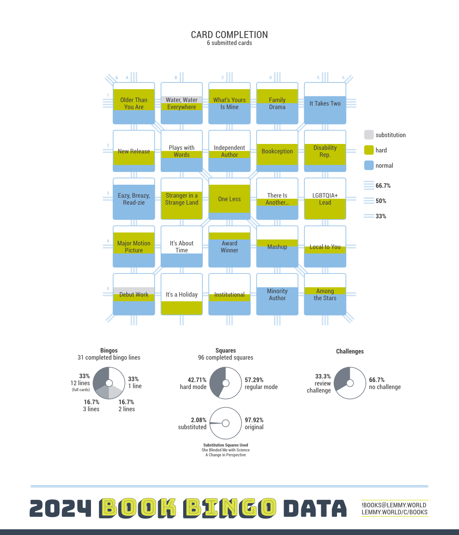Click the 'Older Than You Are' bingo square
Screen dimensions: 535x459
pyautogui.click(x=134, y=103)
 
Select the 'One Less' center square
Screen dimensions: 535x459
pyautogui.click(x=229, y=199)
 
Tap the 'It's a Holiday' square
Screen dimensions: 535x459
pyautogui.click(x=181, y=294)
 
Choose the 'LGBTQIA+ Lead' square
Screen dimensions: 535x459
pyautogui.click(x=325, y=199)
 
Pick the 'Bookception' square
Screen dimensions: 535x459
pyautogui.click(x=277, y=151)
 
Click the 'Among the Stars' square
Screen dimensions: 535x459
pyautogui.click(x=325, y=294)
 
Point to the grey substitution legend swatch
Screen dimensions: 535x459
pyautogui.click(x=369, y=135)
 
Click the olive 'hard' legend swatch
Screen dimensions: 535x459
pyautogui.click(x=369, y=150)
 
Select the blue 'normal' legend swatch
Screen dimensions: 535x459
pyautogui.click(x=369, y=166)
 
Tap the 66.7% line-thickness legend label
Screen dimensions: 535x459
pyautogui.click(x=383, y=186)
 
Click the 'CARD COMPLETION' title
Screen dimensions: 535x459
pyautogui.click(x=229, y=35)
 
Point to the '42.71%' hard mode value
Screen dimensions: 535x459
pyautogui.click(x=197, y=380)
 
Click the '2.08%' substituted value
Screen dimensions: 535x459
pyautogui.click(x=198, y=420)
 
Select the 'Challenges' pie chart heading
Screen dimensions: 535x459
pyautogui.click(x=350, y=352)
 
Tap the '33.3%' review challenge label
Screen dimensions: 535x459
pyautogui.click(x=323, y=376)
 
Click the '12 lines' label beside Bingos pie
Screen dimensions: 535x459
pyautogui.click(x=80, y=383)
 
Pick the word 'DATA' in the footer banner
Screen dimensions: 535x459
pyautogui.click(x=315, y=509)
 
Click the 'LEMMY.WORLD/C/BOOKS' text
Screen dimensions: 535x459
pyautogui.click(x=394, y=512)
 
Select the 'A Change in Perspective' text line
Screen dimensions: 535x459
pyautogui.click(x=226, y=455)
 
